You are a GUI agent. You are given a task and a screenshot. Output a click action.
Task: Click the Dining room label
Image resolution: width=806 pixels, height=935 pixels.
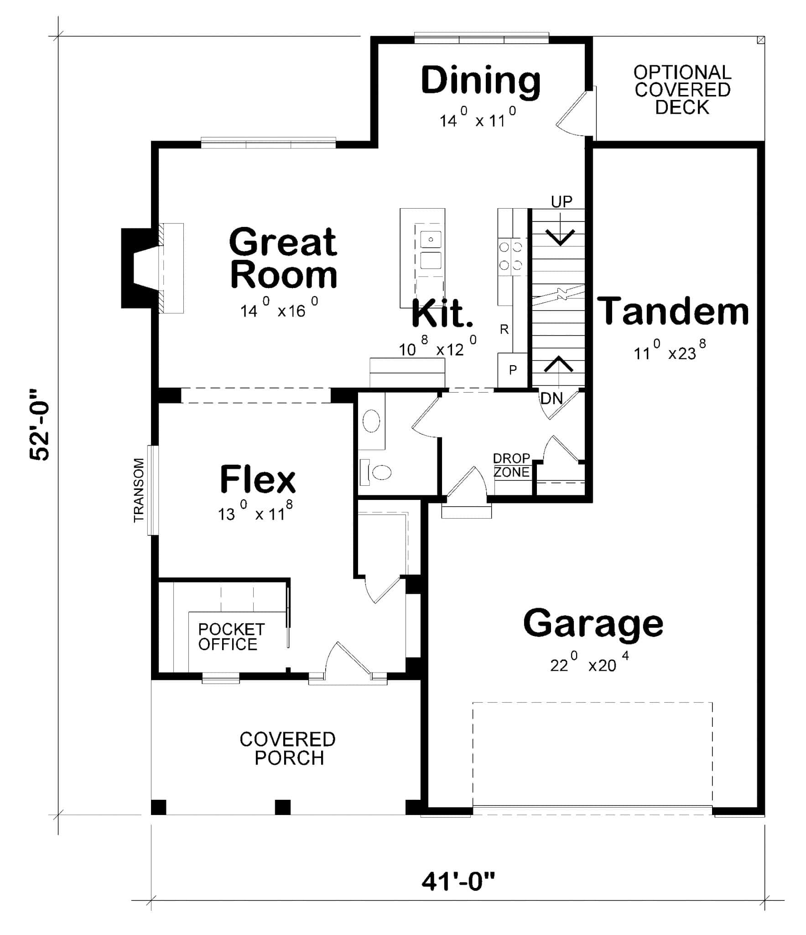480,81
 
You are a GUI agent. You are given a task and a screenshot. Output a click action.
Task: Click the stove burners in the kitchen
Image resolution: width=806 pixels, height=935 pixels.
510,256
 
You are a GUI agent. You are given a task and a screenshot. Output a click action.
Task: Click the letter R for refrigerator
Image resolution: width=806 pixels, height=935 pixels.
504,329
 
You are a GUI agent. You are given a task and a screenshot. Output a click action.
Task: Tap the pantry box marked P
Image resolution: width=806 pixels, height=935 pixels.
513,370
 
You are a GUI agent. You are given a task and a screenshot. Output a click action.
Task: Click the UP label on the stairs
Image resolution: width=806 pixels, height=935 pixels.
562,201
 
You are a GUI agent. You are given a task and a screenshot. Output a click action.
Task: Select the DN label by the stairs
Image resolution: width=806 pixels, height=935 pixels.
551,399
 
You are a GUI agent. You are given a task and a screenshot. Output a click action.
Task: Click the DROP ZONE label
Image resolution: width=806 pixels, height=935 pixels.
512,465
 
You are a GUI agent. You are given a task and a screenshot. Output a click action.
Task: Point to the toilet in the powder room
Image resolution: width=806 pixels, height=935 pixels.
378,472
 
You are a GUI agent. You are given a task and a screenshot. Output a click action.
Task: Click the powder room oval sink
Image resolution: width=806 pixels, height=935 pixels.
371,420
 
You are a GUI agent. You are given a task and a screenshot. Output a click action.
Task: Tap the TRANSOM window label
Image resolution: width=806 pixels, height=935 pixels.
139,490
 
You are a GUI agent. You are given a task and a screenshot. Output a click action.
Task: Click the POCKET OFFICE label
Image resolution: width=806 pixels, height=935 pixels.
231,637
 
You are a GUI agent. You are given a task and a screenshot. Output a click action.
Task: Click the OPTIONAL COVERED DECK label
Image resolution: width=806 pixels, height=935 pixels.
682,89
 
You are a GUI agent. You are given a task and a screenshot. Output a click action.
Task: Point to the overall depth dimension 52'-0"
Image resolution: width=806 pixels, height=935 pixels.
40,425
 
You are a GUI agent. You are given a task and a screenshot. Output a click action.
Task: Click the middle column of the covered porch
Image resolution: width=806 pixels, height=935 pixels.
282,807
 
